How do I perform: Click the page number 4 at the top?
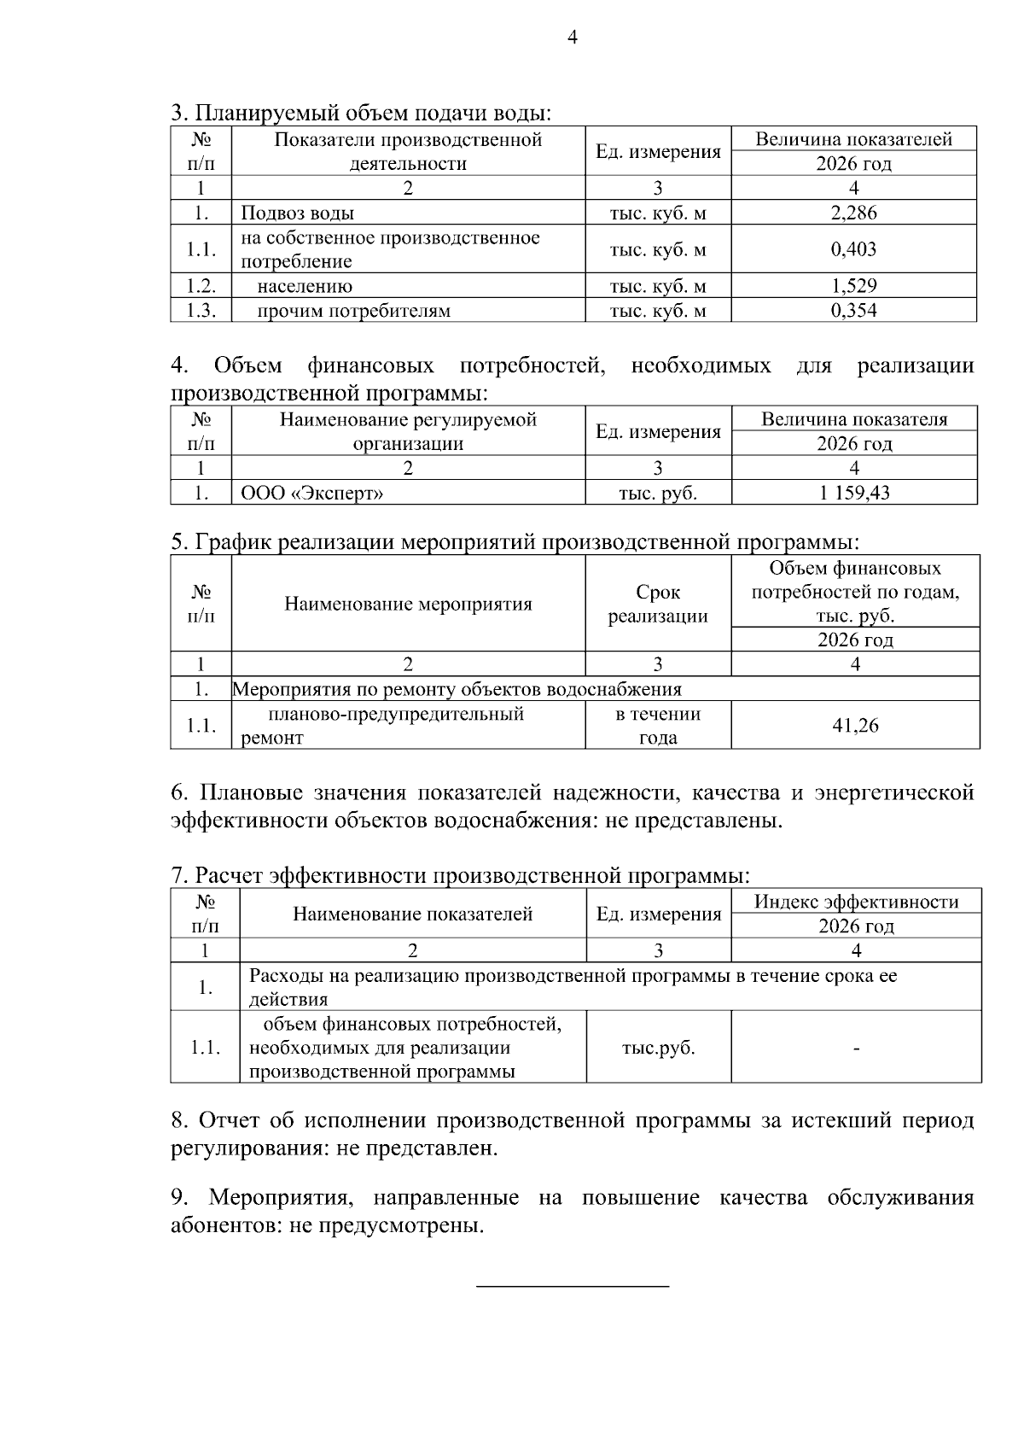tap(572, 37)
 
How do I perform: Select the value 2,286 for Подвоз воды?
tap(853, 213)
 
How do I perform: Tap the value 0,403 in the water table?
tap(853, 249)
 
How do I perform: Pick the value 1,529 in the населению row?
tap(853, 286)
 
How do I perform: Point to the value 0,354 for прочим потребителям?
tap(853, 310)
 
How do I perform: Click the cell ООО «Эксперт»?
tap(312, 493)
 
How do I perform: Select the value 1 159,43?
tap(854, 493)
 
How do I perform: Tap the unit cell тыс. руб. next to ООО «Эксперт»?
tap(658, 493)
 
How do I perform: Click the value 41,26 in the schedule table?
tap(855, 726)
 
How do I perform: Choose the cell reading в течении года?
tap(658, 726)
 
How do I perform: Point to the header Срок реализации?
tap(658, 604)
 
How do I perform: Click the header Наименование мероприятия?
tap(408, 604)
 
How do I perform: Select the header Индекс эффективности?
tap(856, 902)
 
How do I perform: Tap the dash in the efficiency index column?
tap(856, 1048)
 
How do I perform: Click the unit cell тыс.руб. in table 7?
tap(658, 1048)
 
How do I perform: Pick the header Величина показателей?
tap(853, 139)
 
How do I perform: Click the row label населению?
tap(305, 286)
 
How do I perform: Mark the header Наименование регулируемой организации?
tap(408, 431)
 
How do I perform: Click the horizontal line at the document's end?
tap(572, 1285)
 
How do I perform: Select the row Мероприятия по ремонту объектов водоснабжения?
tap(457, 689)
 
